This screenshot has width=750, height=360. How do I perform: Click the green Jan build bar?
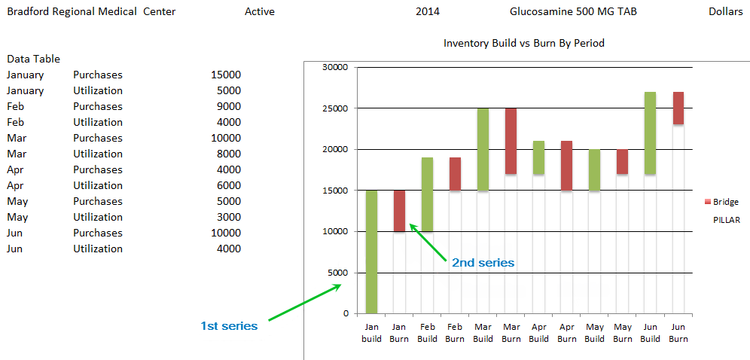pos(372,252)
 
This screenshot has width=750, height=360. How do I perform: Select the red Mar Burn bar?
pos(511,141)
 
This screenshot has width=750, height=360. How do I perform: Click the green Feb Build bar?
pos(428,194)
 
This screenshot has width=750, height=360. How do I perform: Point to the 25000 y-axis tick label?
pos(334,108)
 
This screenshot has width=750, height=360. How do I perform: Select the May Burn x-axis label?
pos(623,333)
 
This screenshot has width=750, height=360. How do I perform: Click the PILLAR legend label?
pos(727,220)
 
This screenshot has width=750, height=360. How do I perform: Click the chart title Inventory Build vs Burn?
pos(523,43)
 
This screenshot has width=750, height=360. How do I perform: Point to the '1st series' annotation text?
pos(229,326)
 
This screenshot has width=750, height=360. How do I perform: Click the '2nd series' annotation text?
pos(483,263)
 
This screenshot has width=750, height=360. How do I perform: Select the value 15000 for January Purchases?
pos(226,75)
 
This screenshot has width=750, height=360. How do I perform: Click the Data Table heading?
pos(33,59)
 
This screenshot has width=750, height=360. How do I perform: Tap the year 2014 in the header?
pos(428,11)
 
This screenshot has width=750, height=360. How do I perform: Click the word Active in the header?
pos(260,11)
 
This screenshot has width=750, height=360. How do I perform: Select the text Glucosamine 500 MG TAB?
pos(573,11)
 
